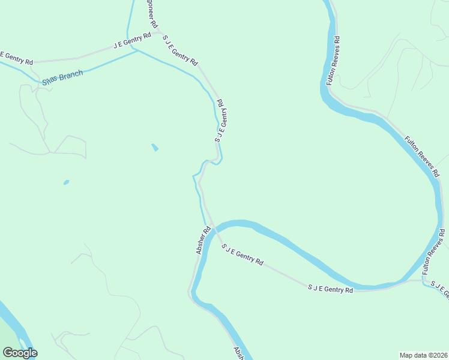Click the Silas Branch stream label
(62, 77)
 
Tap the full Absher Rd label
(203, 240)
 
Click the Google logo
(20, 353)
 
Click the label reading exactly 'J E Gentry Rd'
(132, 41)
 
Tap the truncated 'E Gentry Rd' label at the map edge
(16, 58)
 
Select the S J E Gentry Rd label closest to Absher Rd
(243, 254)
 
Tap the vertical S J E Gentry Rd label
(220, 121)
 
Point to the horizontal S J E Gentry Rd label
(330, 289)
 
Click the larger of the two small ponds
(155, 147)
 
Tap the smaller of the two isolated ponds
(66, 182)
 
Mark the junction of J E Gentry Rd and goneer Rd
(157, 33)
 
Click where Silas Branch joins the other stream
(137, 51)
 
